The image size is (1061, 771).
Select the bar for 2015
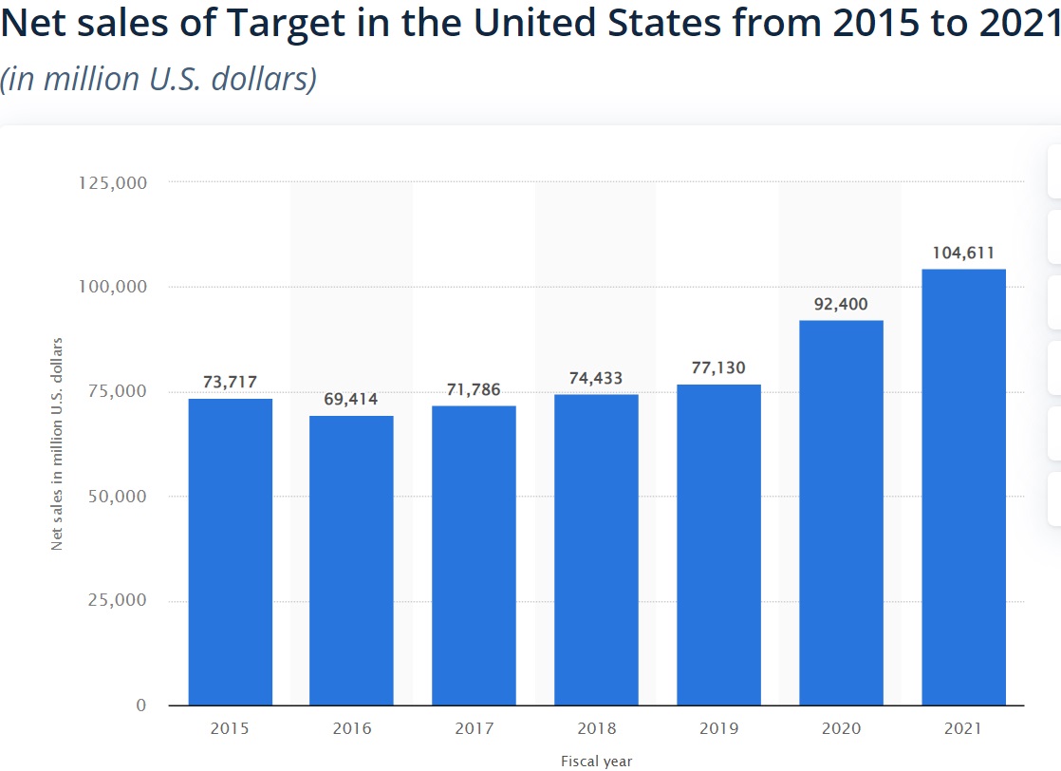click(x=231, y=552)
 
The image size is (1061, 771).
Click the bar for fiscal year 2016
click(x=351, y=560)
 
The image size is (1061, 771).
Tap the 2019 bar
click(x=718, y=544)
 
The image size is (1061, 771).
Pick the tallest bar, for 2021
click(x=963, y=487)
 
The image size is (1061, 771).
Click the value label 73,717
click(x=230, y=382)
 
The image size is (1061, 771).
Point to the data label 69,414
click(x=351, y=399)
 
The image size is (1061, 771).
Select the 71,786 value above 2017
click(x=474, y=389)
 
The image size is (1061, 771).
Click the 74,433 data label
click(x=596, y=378)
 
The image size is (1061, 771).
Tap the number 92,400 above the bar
click(x=841, y=304)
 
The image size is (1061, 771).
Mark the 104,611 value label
click(x=963, y=253)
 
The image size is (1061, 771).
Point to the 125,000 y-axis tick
click(x=111, y=182)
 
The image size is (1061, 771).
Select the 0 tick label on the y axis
click(x=141, y=705)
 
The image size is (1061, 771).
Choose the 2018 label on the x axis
click(x=596, y=729)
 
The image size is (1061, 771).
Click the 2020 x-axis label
click(x=841, y=729)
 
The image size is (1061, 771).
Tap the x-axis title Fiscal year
click(x=596, y=761)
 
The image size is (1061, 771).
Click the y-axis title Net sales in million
click(x=57, y=443)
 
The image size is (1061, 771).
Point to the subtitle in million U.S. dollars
click(x=158, y=79)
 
